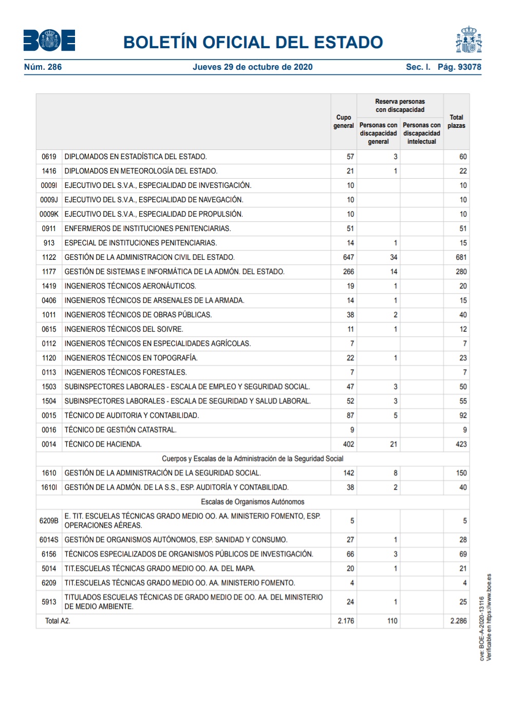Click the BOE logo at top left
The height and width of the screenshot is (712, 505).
49,41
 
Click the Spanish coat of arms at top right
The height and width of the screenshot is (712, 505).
469,40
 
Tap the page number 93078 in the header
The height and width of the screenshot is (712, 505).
469,67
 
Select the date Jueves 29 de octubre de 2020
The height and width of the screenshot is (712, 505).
252,67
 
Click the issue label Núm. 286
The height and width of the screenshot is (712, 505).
43,67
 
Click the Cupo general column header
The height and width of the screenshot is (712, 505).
344,122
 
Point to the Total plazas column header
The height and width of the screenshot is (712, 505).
456,122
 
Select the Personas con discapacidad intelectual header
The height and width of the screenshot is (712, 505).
421,133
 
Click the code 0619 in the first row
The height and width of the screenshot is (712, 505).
49,157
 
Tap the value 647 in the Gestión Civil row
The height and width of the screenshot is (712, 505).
348,257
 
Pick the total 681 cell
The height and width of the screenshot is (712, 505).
461,257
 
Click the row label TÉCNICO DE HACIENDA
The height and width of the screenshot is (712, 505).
103,444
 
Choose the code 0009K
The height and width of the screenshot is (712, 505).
49,214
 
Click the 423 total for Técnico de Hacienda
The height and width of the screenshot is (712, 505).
461,444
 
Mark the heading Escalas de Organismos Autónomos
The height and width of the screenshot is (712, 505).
252,502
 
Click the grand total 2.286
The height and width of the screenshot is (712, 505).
458,621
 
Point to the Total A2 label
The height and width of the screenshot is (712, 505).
58,621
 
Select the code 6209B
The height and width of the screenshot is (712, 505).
49,521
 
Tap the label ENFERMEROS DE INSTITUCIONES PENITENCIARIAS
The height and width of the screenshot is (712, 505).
147,228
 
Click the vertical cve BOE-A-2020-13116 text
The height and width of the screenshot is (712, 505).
482,628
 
